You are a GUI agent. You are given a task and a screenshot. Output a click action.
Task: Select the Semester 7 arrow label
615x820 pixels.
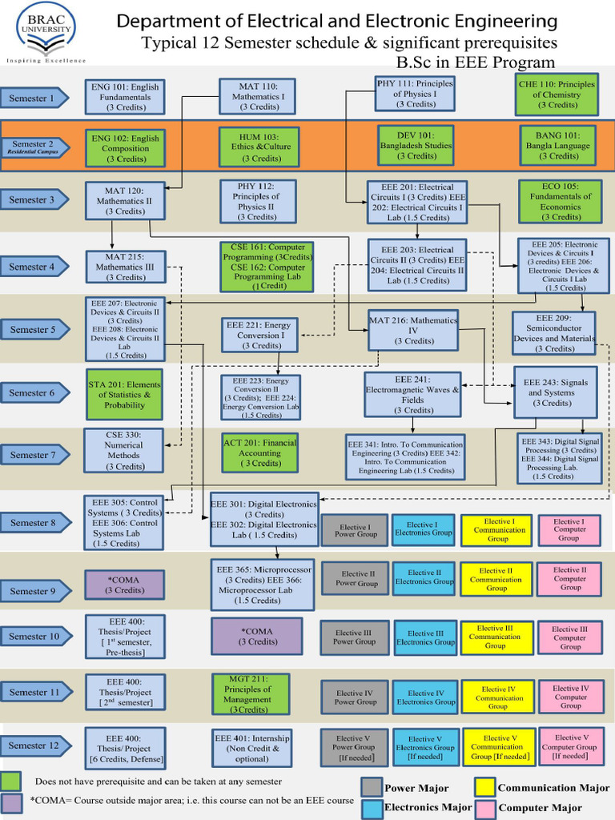point(34,455)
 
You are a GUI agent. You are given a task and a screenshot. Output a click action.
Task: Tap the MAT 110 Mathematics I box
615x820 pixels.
point(258,96)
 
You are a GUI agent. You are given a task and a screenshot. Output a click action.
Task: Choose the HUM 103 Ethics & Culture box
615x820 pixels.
point(259,147)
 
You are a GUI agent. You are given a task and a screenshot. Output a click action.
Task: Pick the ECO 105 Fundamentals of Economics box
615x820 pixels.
point(560,201)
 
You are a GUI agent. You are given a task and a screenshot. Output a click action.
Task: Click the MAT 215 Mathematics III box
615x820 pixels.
point(125,267)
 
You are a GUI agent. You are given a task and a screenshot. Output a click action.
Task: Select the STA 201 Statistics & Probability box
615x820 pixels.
point(124,394)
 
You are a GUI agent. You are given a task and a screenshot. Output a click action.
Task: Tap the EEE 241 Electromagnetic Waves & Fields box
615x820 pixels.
point(412,394)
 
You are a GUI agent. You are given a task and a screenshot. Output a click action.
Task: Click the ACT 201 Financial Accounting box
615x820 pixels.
point(259,452)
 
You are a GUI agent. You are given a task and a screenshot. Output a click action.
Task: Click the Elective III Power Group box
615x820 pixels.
point(354,637)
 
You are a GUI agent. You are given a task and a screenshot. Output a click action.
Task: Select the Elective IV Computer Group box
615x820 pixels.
point(570,697)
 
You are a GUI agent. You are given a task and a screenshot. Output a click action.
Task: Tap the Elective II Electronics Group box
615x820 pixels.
point(424,577)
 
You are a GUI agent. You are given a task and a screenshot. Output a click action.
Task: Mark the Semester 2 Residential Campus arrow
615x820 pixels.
point(34,147)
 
